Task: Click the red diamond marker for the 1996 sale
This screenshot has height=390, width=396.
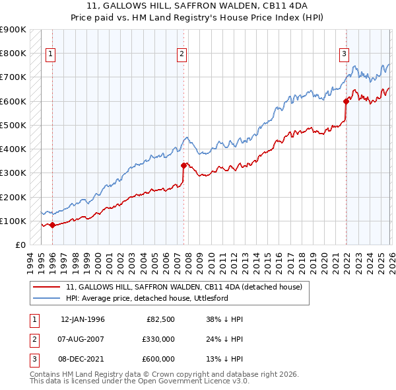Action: point(52,225)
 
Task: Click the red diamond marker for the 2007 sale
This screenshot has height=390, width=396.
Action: point(183,165)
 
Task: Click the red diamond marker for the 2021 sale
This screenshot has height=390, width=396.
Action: point(345,101)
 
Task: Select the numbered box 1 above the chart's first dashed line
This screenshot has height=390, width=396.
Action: point(51,54)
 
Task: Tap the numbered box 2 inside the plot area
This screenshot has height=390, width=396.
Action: point(182,54)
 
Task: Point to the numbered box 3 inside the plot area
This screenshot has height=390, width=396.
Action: point(344,54)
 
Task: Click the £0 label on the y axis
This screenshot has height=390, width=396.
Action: point(20,245)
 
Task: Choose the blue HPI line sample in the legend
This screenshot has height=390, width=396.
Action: point(46,299)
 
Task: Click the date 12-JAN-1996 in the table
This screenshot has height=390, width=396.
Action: point(82,320)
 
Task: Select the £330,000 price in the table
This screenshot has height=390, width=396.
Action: point(158,340)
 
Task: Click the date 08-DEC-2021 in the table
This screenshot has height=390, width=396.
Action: point(83,359)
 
